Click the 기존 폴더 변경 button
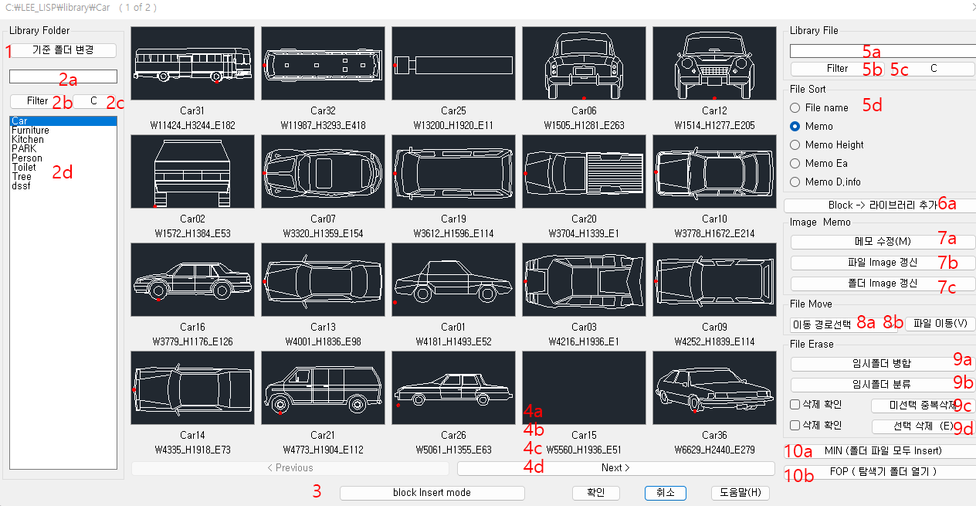pyautogui.click(x=63, y=50)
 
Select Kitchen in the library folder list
pyautogui.click(x=28, y=140)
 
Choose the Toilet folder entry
pyautogui.click(x=24, y=168)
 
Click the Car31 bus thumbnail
pyautogui.click(x=192, y=63)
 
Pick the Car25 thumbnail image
pyautogui.click(x=453, y=63)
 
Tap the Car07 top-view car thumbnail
pyautogui.click(x=323, y=171)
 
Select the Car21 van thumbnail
pyautogui.click(x=323, y=388)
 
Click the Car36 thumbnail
pyautogui.click(x=714, y=388)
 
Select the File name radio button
pyautogui.click(x=795, y=107)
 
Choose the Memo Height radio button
pyautogui.click(x=795, y=144)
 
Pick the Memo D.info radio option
pyautogui.click(x=795, y=182)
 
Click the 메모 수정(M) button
pyautogui.click(x=883, y=242)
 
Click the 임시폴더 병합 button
pyautogui.click(x=883, y=364)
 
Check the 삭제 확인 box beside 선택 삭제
pyautogui.click(x=795, y=425)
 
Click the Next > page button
pyautogui.click(x=615, y=467)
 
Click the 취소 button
pyautogui.click(x=666, y=493)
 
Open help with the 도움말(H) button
pyautogui.click(x=740, y=493)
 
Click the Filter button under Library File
pyautogui.click(x=837, y=69)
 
